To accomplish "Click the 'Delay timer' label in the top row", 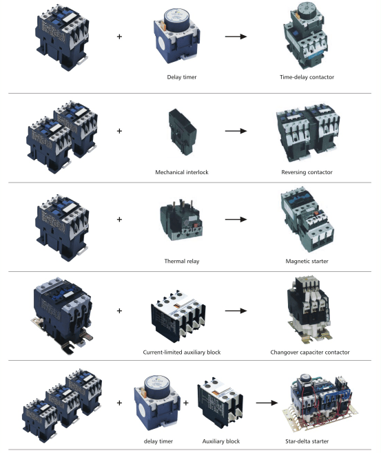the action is [181, 77].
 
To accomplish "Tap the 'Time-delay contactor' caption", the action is [307, 77].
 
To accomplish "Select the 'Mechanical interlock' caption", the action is [181, 172].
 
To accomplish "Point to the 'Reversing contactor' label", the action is [307, 172].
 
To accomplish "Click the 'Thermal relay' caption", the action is [181, 261].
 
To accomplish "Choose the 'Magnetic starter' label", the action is [307, 261].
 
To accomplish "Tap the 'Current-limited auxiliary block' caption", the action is [181, 352].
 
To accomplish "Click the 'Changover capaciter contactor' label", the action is [310, 352].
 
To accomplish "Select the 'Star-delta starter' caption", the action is [307, 441].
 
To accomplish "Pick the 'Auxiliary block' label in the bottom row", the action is [221, 441].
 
